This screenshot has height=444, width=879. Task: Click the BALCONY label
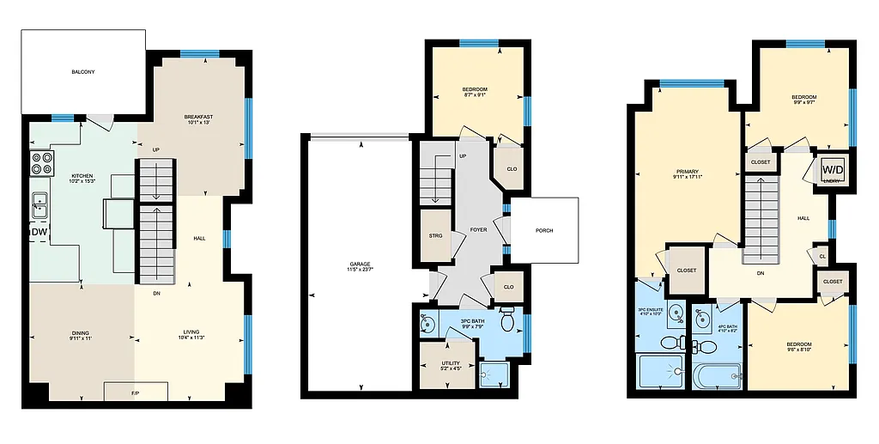coord(83,72)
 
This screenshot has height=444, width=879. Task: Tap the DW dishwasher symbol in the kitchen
coord(39,232)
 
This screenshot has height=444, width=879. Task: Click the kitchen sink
coord(40,205)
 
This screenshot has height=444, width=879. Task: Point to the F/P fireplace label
coord(136,393)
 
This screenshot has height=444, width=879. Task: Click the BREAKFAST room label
coord(197,117)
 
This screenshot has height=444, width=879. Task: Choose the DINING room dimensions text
coord(81,339)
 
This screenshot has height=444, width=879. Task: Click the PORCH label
coord(544,230)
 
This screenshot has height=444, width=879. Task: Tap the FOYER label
coord(478,230)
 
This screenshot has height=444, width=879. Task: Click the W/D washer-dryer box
coord(833,168)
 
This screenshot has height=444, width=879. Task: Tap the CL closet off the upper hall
coord(822,256)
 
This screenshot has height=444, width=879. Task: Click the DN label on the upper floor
coord(761,274)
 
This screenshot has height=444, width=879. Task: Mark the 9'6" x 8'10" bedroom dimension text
coord(799,350)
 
